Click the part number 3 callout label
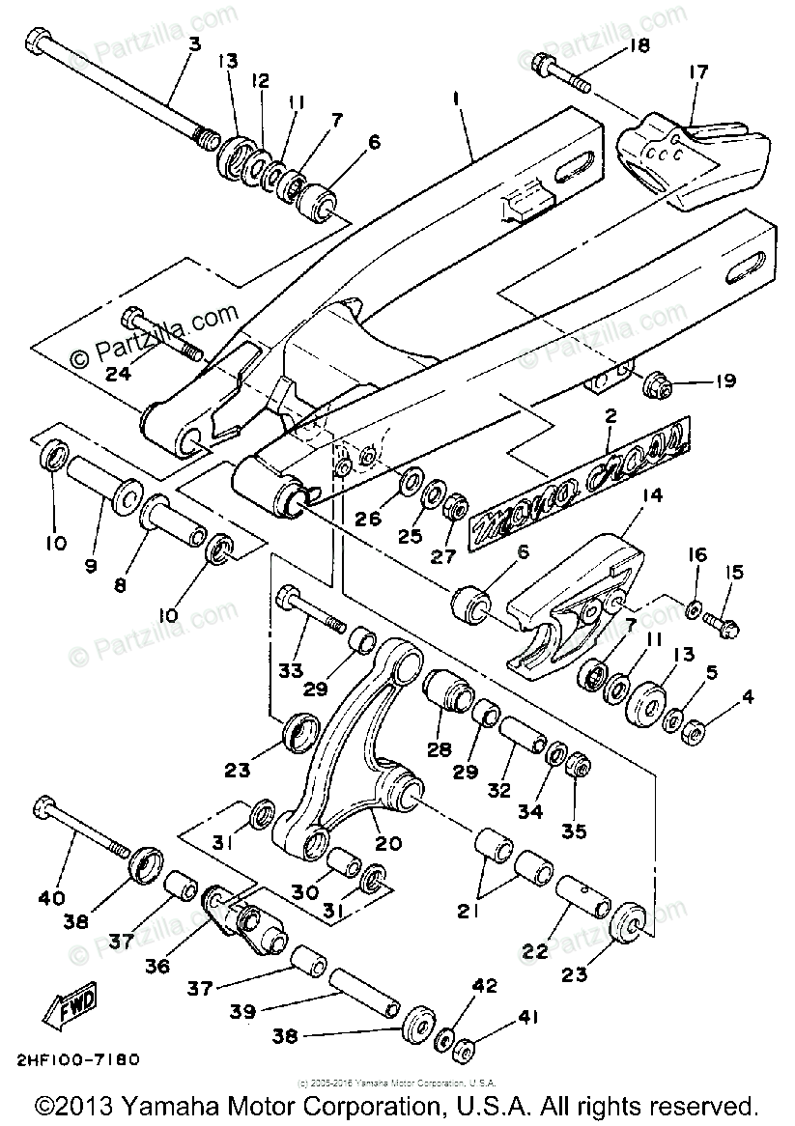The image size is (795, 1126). [194, 43]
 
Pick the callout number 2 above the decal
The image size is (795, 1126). [610, 417]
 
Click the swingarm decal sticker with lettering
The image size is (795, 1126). [580, 480]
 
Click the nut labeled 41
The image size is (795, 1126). [463, 1048]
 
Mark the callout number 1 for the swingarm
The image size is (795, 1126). [456, 98]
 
